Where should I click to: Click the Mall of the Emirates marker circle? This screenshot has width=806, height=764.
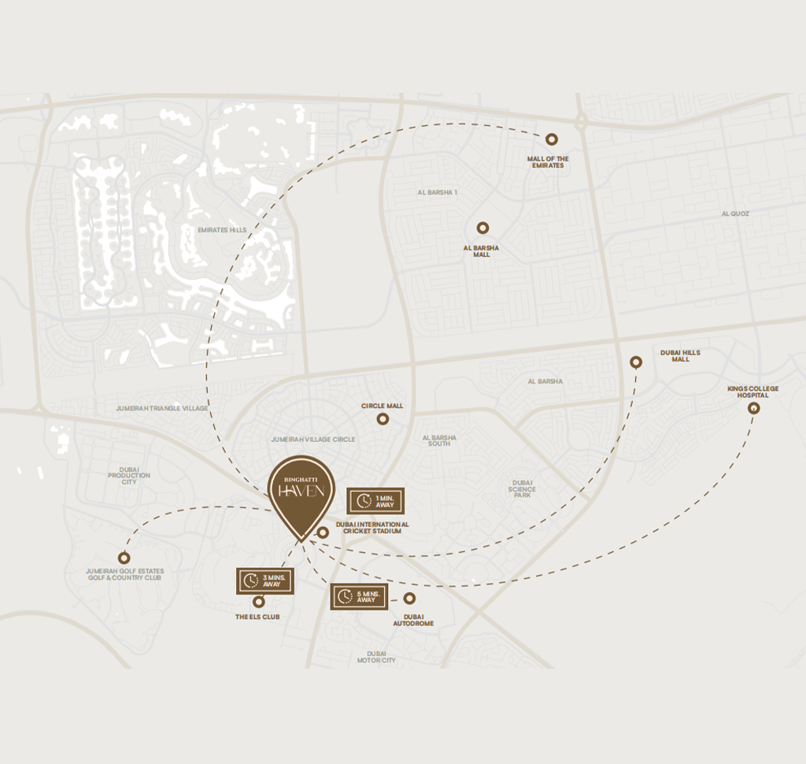pyautogui.click(x=552, y=139)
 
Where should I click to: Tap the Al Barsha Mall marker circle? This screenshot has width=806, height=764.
pyautogui.click(x=482, y=228)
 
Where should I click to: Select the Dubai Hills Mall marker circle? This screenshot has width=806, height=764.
pyautogui.click(x=636, y=362)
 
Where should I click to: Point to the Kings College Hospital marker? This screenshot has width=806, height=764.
pyautogui.click(x=753, y=408)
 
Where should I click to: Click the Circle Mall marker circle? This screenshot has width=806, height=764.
pyautogui.click(x=383, y=419)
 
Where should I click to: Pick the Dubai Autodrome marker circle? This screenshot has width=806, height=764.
pyautogui.click(x=409, y=598)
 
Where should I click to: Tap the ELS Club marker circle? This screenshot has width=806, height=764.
pyautogui.click(x=257, y=603)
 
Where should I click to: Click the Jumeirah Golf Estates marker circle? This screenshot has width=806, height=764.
pyautogui.click(x=124, y=558)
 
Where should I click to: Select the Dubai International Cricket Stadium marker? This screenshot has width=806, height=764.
pyautogui.click(x=323, y=533)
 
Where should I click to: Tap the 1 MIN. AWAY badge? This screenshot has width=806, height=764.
pyautogui.click(x=375, y=501)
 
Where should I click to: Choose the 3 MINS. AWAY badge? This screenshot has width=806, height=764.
pyautogui.click(x=265, y=580)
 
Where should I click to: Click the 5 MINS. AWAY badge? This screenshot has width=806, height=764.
pyautogui.click(x=359, y=596)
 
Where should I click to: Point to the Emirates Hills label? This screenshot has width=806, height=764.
pyautogui.click(x=222, y=230)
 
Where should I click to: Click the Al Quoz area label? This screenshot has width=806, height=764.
pyautogui.click(x=735, y=213)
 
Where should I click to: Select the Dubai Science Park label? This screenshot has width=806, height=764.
pyautogui.click(x=523, y=489)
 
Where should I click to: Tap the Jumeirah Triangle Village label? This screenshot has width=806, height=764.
pyautogui.click(x=162, y=408)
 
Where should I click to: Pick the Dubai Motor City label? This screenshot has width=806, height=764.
pyautogui.click(x=376, y=657)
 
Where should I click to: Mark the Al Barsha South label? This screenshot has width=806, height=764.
pyautogui.click(x=439, y=440)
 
